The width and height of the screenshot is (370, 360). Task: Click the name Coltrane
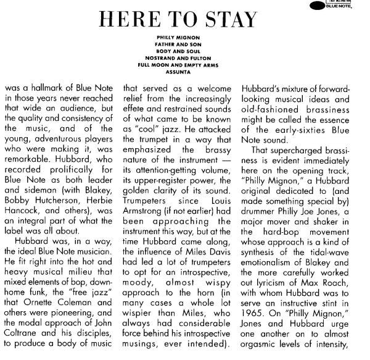tap(22, 343)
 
